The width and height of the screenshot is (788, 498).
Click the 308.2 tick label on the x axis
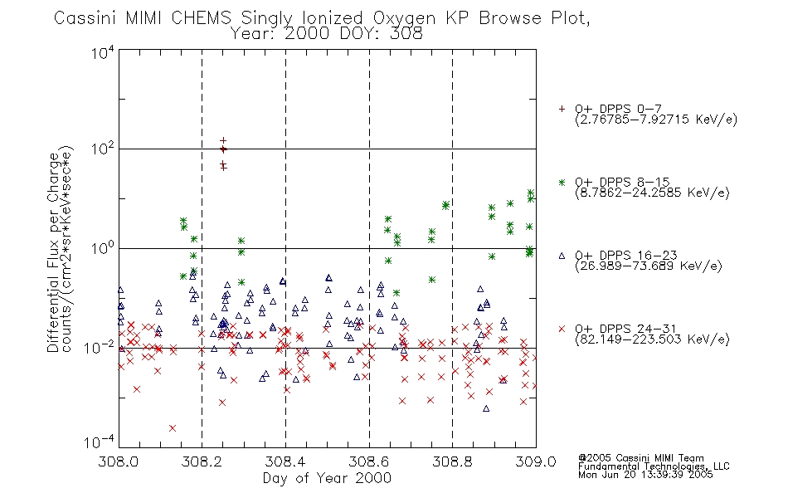click(x=202, y=461)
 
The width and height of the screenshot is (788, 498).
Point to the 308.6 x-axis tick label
click(x=369, y=461)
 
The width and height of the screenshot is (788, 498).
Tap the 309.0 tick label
click(x=536, y=461)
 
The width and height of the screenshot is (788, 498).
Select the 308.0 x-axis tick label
click(x=118, y=461)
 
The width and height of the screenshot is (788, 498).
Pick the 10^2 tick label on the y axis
click(x=103, y=149)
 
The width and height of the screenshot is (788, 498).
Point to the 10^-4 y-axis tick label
click(x=100, y=442)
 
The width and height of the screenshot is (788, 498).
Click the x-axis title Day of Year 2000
click(x=327, y=478)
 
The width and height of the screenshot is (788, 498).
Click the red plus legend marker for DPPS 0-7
click(x=562, y=109)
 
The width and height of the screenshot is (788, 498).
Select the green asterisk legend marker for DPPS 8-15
click(x=562, y=183)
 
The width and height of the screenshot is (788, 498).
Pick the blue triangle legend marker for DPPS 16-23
click(x=562, y=256)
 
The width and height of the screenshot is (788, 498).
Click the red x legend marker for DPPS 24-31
click(x=562, y=329)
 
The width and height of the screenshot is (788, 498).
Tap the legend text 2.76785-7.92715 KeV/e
click(x=656, y=120)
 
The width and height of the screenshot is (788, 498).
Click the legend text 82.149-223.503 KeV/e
click(x=652, y=339)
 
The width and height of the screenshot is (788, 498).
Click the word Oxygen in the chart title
click(x=405, y=18)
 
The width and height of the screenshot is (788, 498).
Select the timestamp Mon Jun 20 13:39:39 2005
click(x=645, y=475)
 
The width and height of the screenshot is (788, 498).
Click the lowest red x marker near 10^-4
click(x=173, y=428)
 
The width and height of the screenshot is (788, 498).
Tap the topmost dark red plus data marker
click(x=223, y=141)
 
